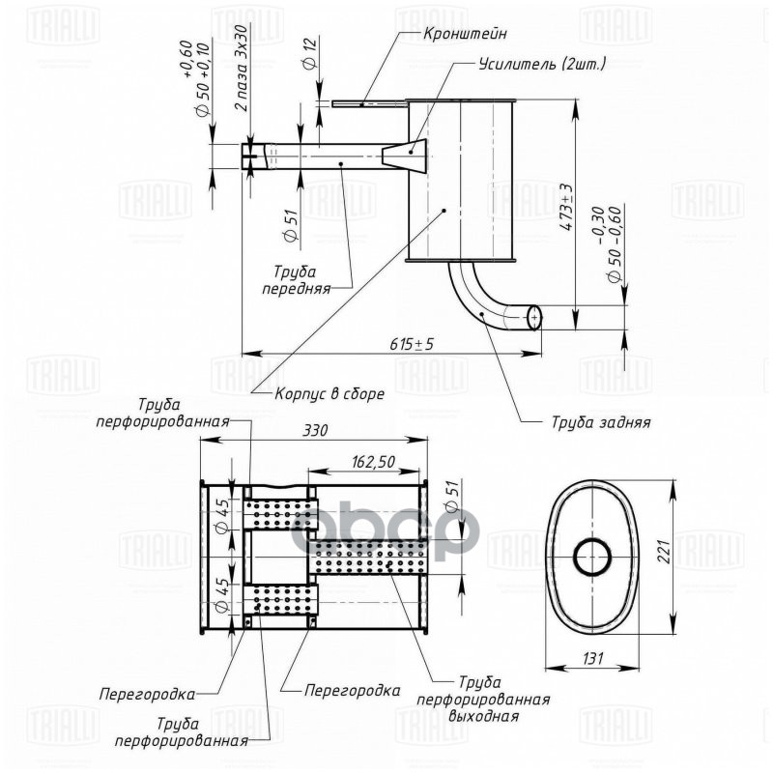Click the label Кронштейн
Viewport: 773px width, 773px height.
[465, 34]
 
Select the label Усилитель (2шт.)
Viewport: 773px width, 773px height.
[541, 65]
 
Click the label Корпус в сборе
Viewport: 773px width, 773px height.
[329, 393]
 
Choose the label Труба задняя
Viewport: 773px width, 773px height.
[600, 422]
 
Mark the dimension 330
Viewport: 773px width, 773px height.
[313, 432]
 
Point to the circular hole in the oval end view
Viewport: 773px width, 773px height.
[592, 558]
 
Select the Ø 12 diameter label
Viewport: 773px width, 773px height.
[308, 54]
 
